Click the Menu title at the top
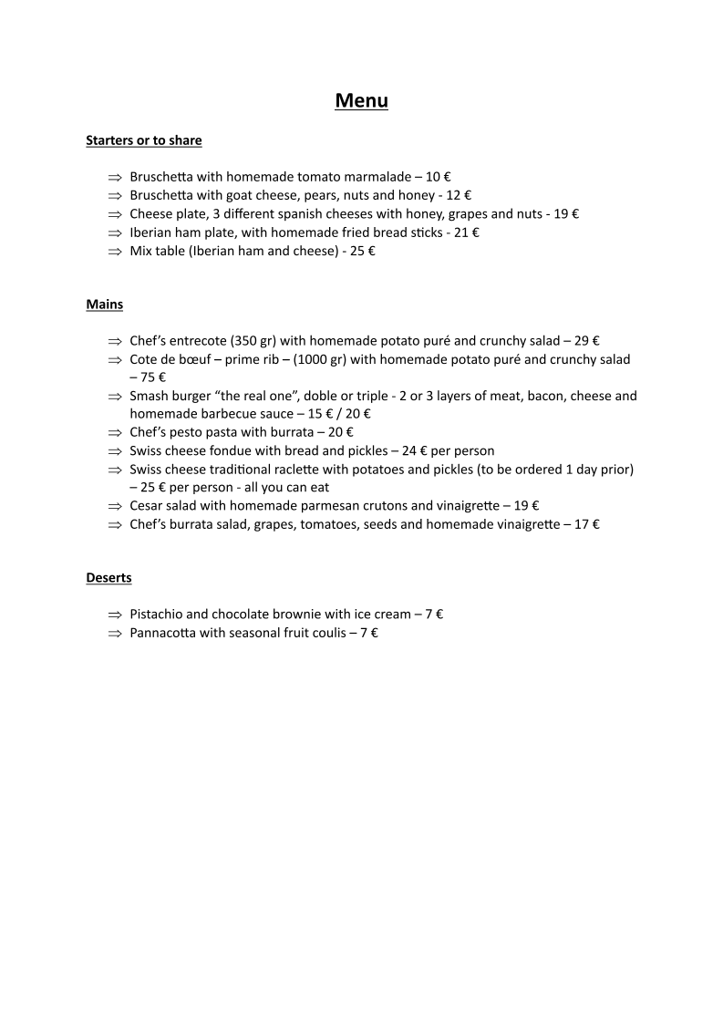pos(361,100)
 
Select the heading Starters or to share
pos(143,140)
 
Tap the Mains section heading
pos(104,305)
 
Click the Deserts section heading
pos(108,578)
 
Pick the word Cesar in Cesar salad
pos(146,505)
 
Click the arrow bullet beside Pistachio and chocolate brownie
pos(114,615)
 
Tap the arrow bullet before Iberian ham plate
pos(114,233)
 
